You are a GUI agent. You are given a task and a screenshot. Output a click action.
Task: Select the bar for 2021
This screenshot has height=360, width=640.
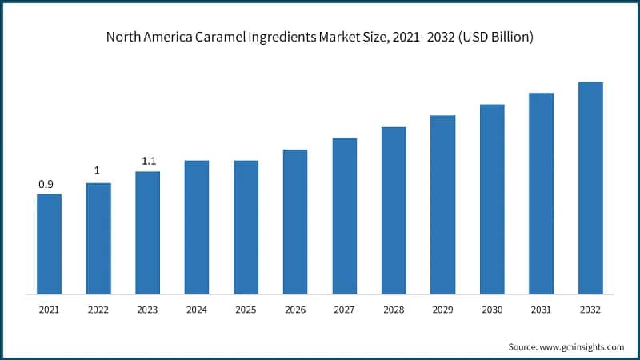pyautogui.click(x=49, y=243)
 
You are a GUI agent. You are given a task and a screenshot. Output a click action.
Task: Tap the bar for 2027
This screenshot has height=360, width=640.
pyautogui.click(x=345, y=215)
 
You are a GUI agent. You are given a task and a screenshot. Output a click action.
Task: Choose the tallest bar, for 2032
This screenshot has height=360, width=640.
pyautogui.click(x=590, y=187)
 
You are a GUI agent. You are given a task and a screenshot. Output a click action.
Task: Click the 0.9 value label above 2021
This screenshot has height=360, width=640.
pyautogui.click(x=46, y=185)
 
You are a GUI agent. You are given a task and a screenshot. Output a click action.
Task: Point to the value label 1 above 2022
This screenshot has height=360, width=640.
pyautogui.click(x=97, y=170)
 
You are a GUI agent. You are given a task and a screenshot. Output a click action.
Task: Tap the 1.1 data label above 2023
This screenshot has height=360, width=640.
pyautogui.click(x=149, y=161)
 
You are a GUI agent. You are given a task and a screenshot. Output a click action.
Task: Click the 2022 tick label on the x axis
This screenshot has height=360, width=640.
pyautogui.click(x=98, y=309)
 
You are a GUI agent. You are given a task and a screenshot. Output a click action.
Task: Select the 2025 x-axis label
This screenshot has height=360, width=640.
pyautogui.click(x=246, y=309)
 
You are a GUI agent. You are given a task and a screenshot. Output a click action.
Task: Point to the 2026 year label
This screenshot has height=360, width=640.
pyautogui.click(x=295, y=309)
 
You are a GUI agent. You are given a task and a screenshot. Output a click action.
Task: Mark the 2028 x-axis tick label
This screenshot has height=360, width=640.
pyautogui.click(x=394, y=309)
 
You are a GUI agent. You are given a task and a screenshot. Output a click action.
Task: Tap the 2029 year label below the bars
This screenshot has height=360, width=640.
pyautogui.click(x=442, y=309)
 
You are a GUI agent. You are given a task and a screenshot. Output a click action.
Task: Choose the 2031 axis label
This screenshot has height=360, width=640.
pyautogui.click(x=541, y=309)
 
